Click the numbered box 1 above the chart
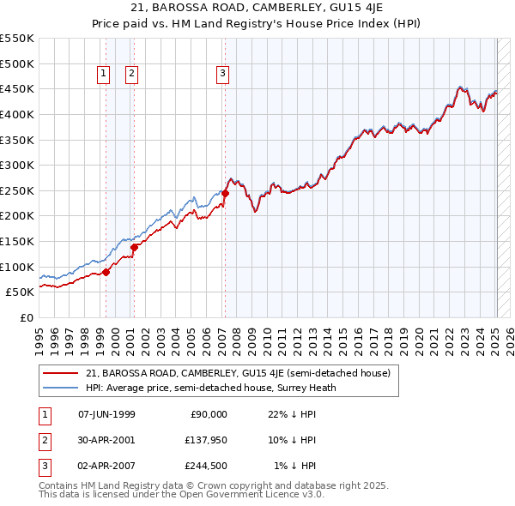[x=103, y=74]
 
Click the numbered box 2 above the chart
[x=131, y=74]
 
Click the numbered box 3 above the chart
[x=222, y=74]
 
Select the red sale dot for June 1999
[x=106, y=272]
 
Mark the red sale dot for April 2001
[x=135, y=248]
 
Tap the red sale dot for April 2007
[x=225, y=193]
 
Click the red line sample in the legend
[x=60, y=373]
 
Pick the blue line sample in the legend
[x=60, y=387]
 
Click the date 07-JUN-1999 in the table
[x=106, y=413]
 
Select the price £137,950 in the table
[x=206, y=440]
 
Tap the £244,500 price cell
[x=206, y=467]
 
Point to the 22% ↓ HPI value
[x=292, y=413]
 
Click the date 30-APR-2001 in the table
[x=106, y=440]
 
